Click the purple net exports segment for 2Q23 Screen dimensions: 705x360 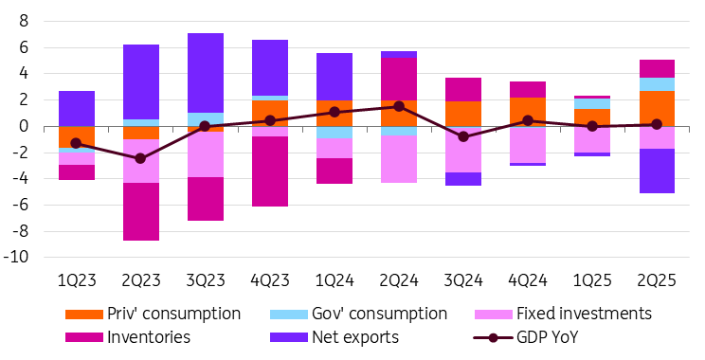[x=141, y=81]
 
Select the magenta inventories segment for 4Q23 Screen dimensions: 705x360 [x=270, y=171]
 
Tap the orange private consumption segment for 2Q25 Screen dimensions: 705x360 [x=657, y=108]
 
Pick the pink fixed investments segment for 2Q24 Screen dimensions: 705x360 [x=399, y=158]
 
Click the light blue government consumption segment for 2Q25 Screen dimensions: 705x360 [x=657, y=84]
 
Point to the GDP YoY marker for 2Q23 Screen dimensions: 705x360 [x=141, y=158]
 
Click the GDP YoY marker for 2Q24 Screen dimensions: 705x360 [x=399, y=106]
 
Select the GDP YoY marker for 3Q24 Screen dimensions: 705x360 [x=463, y=136]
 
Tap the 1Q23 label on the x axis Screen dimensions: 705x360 [x=77, y=281]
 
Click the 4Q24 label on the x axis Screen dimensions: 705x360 [x=528, y=281]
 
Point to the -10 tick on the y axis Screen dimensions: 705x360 [x=16, y=258]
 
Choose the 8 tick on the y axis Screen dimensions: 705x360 [x=24, y=21]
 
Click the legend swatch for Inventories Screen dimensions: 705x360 [x=84, y=337]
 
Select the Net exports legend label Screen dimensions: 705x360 [x=355, y=337]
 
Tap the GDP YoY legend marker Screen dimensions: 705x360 [x=494, y=337]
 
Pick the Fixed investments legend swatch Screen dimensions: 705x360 [x=494, y=315]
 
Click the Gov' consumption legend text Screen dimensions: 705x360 [x=379, y=314]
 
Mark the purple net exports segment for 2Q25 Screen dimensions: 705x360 [x=657, y=171]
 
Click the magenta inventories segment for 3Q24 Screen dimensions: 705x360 [x=463, y=89]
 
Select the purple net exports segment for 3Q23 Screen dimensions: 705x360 [x=206, y=73]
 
